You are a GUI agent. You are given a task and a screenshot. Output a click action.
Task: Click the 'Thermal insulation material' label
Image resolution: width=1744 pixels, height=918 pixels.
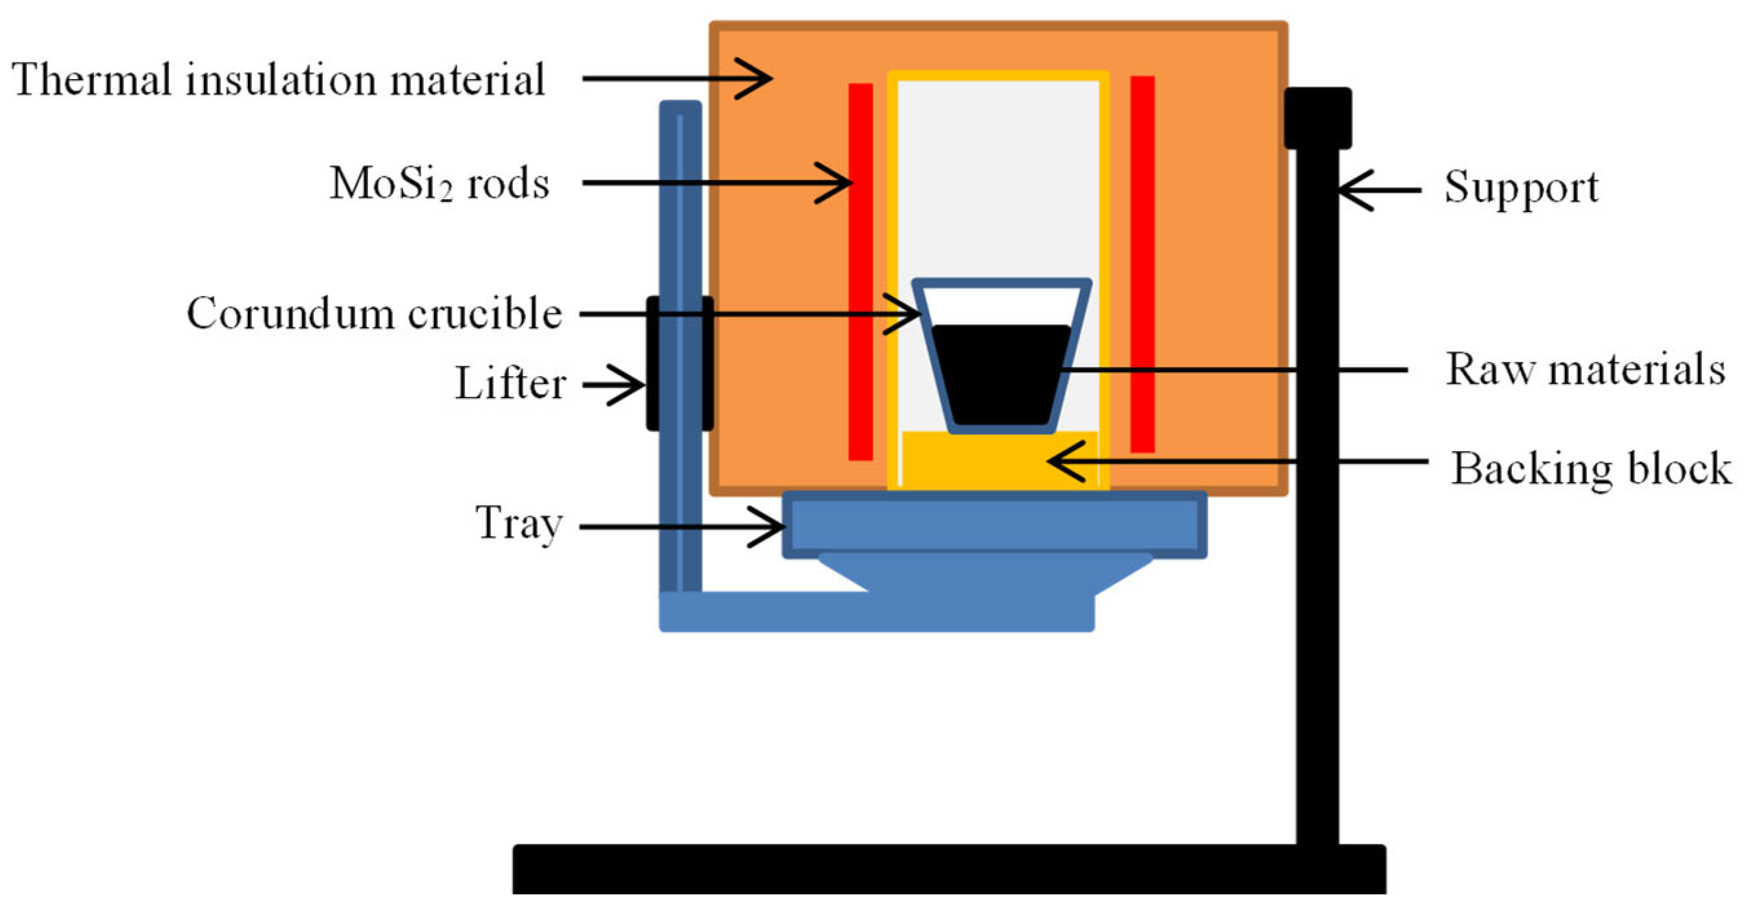(x=278, y=80)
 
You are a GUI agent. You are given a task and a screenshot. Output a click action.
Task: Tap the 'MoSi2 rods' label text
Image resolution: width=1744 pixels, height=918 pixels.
(x=439, y=184)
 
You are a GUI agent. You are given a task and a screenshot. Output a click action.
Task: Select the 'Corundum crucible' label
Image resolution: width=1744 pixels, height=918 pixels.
(x=374, y=314)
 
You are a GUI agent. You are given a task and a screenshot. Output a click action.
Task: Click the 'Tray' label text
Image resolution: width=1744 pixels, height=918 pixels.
(x=519, y=524)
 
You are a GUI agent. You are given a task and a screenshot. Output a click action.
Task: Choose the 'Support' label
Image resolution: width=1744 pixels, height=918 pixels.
(x=1521, y=187)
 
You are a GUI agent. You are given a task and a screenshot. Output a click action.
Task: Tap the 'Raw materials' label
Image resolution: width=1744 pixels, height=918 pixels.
(x=1585, y=369)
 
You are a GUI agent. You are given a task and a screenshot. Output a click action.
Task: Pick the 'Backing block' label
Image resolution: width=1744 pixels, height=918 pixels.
(x=1590, y=469)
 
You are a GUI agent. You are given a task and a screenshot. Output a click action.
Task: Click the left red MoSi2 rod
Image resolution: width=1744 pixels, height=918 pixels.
(x=860, y=271)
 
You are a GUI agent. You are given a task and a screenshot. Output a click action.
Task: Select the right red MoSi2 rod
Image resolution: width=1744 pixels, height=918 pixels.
(x=1142, y=264)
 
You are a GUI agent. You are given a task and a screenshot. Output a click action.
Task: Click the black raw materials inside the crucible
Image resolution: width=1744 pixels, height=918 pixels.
(x=1000, y=374)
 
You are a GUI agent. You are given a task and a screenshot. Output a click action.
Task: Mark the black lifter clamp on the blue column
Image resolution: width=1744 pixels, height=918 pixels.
(x=680, y=364)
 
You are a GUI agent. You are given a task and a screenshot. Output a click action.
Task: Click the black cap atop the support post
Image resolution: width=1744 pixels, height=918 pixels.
(x=1318, y=118)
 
